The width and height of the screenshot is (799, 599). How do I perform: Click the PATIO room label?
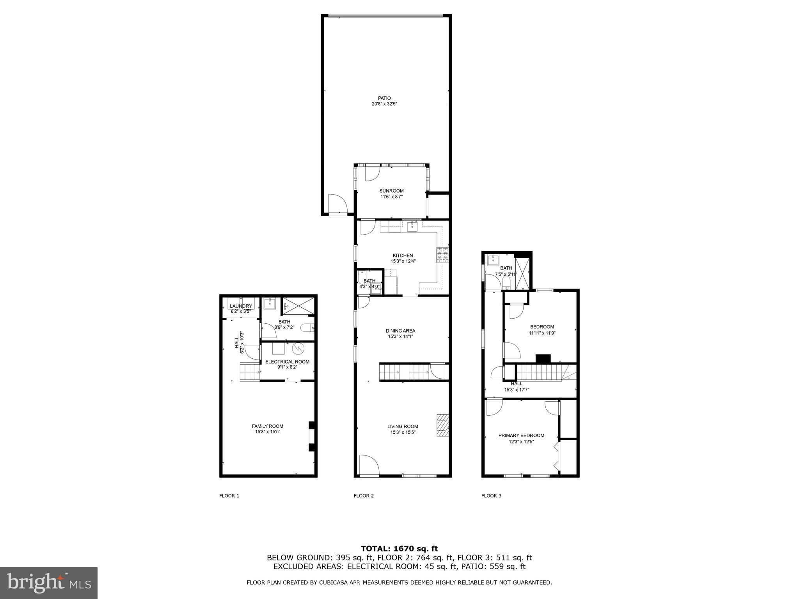(x=384, y=98)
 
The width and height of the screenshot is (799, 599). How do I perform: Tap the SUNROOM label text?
(x=391, y=191)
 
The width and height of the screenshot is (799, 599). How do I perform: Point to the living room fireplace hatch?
(x=442, y=425)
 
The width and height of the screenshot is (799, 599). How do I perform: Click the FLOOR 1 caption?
(x=229, y=496)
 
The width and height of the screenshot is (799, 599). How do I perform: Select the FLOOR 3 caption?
(x=491, y=496)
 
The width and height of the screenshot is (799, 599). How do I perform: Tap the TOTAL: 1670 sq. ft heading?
(x=399, y=549)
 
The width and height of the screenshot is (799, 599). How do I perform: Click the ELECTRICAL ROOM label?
(x=287, y=362)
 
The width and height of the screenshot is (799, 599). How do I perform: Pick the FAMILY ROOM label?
(x=267, y=426)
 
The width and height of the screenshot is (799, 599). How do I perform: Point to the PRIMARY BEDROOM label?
(x=521, y=435)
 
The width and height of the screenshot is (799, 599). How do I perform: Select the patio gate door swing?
(x=337, y=204)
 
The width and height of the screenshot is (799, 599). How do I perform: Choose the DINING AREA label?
(x=400, y=331)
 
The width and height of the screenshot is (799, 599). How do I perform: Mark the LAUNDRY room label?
(x=241, y=306)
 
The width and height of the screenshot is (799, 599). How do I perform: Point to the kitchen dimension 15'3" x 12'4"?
(x=403, y=261)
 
